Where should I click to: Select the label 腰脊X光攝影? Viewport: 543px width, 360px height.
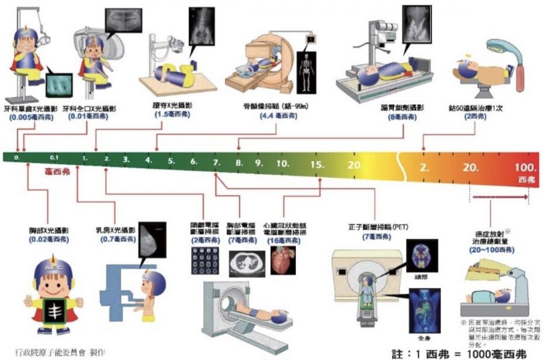tap(170, 106)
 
